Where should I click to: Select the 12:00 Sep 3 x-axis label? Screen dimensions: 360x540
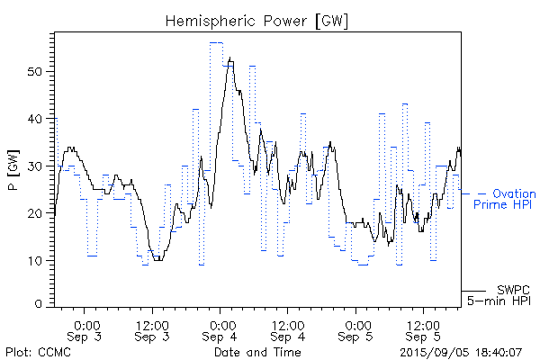coord(153,330)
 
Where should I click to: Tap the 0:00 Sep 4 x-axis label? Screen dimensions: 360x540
coord(221,330)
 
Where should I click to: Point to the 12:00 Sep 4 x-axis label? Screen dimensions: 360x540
coord(288,330)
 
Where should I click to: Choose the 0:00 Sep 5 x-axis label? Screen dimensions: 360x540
coord(357,330)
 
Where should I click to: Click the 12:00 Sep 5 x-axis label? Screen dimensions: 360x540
coord(424,330)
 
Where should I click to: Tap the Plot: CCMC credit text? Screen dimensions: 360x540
coord(34,351)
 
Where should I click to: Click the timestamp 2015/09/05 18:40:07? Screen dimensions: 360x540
coord(460,351)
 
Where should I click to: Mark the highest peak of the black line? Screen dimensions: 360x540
coord(230,58)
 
